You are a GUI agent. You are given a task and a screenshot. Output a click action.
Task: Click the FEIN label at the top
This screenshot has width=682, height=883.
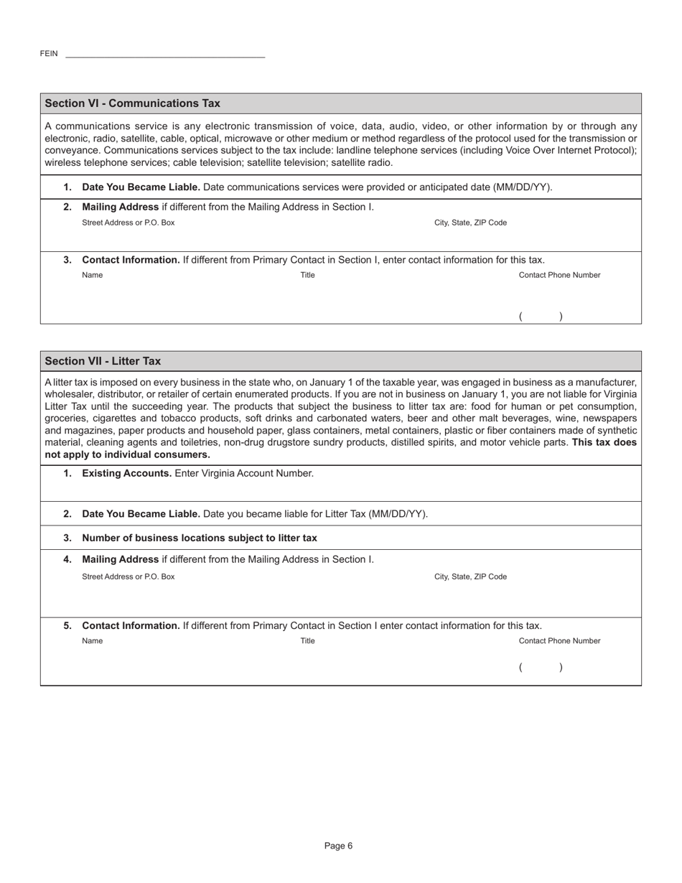point(49,54)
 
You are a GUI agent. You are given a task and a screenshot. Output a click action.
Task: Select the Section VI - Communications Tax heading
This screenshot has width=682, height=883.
point(133,103)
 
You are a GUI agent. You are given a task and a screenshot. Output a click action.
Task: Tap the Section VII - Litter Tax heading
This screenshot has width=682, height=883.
point(103,361)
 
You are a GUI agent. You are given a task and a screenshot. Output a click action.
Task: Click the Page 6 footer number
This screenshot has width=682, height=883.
point(338,846)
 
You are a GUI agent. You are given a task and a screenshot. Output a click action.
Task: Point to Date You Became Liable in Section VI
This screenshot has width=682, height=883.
point(141,187)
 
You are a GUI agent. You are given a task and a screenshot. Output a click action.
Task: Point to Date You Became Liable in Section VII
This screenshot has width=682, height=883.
point(141,514)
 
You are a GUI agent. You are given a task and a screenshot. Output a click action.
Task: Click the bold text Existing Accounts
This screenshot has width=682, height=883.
point(127,473)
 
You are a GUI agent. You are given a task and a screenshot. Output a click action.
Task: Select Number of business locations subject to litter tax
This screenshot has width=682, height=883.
point(200,538)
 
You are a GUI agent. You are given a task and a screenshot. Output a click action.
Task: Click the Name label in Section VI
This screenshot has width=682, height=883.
point(93,275)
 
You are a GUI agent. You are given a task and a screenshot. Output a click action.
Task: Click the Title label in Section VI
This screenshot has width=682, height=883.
point(307,275)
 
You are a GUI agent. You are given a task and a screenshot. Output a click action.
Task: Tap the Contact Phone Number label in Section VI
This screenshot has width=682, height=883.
point(559,275)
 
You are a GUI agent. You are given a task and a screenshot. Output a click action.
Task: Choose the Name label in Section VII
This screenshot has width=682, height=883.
point(93,641)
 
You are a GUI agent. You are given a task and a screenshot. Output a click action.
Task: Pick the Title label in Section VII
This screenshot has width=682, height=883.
point(307,641)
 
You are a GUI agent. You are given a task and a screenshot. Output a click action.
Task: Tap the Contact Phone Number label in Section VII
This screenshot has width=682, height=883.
point(559,641)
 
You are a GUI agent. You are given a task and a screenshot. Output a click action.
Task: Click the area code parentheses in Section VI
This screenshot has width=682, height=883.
point(541,316)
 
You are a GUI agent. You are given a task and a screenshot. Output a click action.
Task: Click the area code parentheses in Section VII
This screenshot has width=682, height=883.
point(541,668)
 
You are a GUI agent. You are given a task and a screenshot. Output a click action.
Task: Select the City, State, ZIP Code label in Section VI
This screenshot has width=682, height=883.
point(470,223)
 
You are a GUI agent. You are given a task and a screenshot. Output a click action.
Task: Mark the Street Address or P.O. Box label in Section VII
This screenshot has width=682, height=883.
point(129,576)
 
